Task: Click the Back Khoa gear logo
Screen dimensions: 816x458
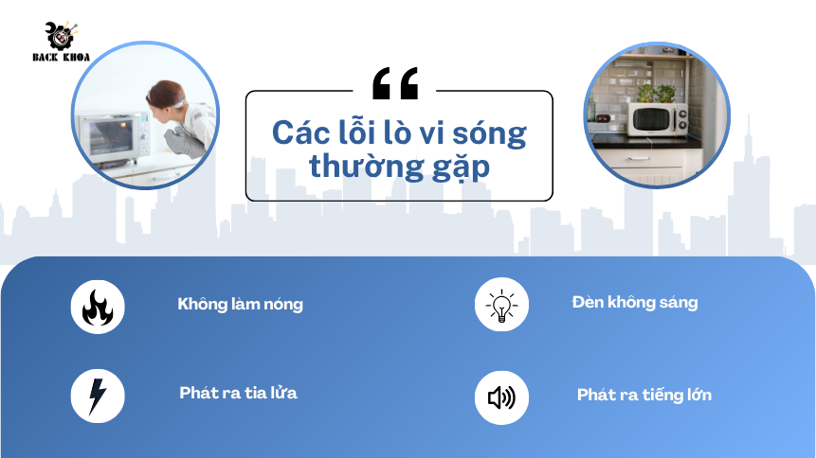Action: (62, 35)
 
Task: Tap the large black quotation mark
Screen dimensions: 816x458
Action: (395, 83)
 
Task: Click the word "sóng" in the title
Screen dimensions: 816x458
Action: (489, 134)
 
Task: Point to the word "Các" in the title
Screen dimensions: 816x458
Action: (301, 132)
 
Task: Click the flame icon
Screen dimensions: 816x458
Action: (98, 308)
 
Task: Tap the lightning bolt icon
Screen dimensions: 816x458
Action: (97, 396)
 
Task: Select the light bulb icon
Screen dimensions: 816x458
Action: (501, 305)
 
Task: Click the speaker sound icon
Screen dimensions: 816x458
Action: (501, 397)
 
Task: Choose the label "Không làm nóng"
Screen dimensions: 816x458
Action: (241, 304)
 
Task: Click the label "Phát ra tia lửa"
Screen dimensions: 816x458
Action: (238, 393)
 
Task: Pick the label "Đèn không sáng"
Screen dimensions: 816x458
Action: (635, 302)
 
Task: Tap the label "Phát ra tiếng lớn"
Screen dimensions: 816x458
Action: (644, 395)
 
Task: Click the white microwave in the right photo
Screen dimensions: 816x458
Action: (658, 119)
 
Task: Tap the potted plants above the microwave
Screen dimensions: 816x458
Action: (656, 93)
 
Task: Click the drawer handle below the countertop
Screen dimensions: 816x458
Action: (638, 159)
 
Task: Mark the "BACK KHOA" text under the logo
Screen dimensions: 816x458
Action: (62, 57)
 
